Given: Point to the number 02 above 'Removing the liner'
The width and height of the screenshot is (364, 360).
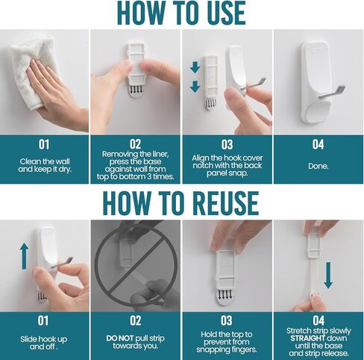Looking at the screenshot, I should (x=135, y=144).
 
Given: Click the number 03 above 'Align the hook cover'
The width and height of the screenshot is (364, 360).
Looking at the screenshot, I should (x=227, y=144).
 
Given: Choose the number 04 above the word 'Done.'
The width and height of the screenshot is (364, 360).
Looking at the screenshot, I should (x=318, y=144).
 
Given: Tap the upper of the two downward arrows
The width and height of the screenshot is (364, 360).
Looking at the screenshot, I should (x=195, y=68).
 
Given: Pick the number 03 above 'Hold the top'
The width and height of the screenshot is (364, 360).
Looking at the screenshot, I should (x=227, y=320).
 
